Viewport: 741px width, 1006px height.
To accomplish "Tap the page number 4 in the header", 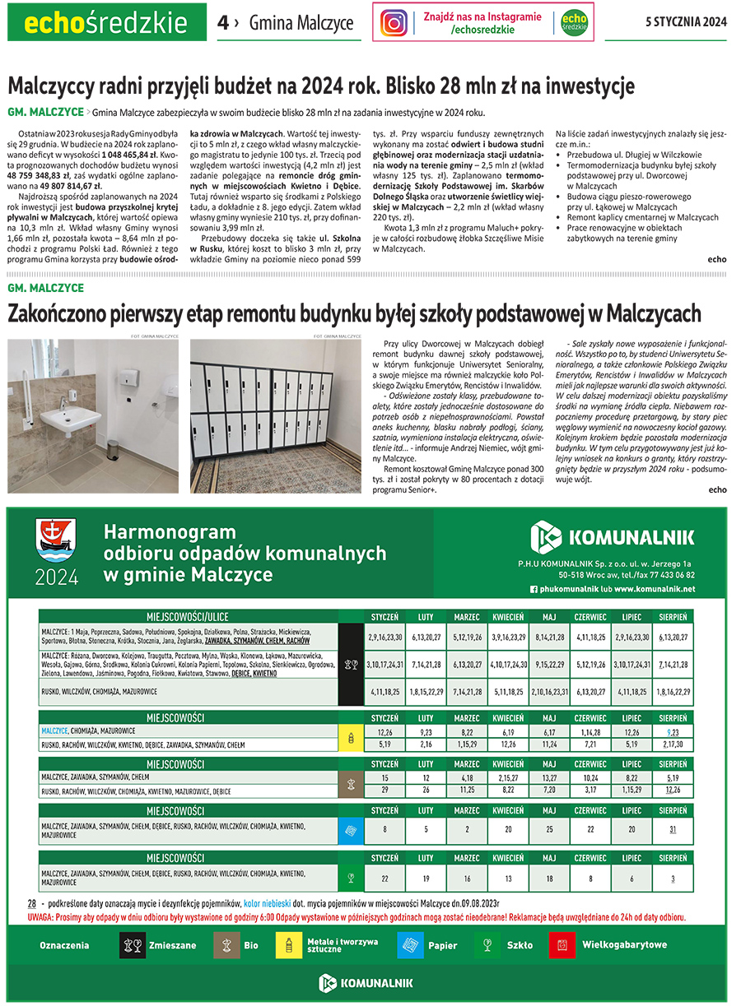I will (x=223, y=23).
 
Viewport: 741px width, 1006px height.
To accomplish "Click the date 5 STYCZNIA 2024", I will (x=686, y=22).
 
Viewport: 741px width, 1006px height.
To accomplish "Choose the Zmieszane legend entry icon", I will (x=133, y=945).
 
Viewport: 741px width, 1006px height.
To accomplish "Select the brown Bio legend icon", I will (x=226, y=945).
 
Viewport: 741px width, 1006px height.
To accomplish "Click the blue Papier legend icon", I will (x=410, y=945).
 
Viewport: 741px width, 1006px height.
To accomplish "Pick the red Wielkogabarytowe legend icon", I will (x=562, y=945).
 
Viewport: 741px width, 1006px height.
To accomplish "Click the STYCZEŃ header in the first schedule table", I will (x=384, y=616).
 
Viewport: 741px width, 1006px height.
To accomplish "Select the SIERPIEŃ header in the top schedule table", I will (x=673, y=616).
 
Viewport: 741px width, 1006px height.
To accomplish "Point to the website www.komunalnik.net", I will (x=655, y=589).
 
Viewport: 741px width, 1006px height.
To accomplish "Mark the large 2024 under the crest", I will (x=56, y=576).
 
